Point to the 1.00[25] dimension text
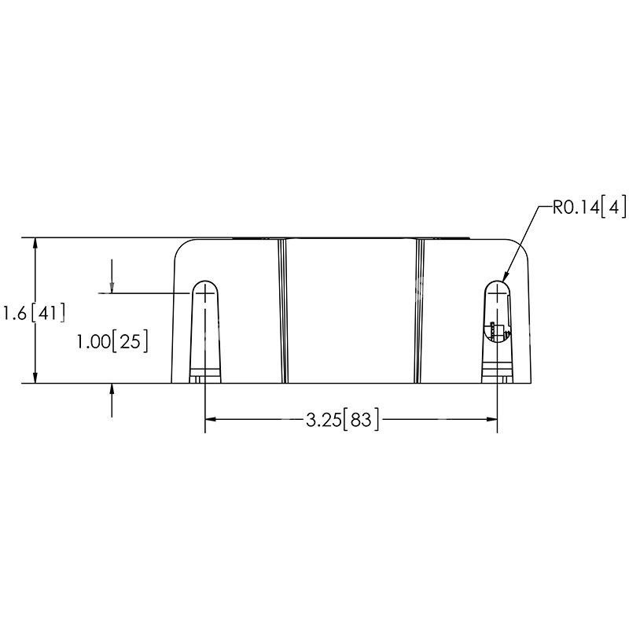pyautogui.click(x=112, y=342)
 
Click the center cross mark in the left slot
pyautogui.click(x=204, y=293)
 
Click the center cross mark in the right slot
pyautogui.click(x=497, y=293)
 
